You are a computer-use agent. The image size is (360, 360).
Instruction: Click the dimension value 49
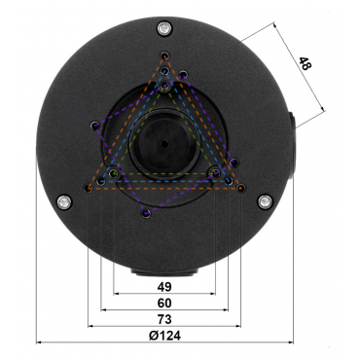pyautogui.click(x=164, y=287)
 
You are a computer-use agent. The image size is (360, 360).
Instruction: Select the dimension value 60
pyautogui.click(x=164, y=303)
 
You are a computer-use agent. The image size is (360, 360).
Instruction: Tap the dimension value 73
pyautogui.click(x=164, y=319)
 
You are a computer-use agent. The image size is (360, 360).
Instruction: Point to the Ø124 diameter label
pyautogui.click(x=164, y=336)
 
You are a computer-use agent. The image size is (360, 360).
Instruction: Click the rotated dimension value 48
pyautogui.click(x=305, y=64)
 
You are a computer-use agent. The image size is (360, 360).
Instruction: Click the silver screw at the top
pyautogui.click(x=164, y=28)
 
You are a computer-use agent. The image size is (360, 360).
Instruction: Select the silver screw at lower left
pyautogui.click(x=64, y=202)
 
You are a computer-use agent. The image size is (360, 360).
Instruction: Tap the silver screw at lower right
pyautogui.click(x=265, y=201)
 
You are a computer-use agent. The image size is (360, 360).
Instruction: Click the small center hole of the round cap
pyautogui.click(x=164, y=143)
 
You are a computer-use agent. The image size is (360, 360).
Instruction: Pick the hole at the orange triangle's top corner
pyautogui.click(x=165, y=55)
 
